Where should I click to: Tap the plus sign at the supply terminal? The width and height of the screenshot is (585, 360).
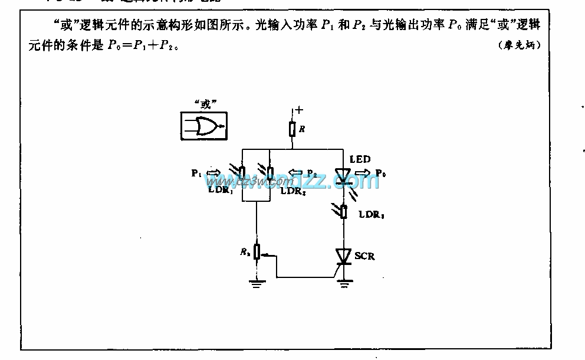pos(299,110)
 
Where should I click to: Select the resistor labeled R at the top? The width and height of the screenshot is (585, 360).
pos(292,129)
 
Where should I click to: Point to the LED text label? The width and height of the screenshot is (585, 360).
pos(360,159)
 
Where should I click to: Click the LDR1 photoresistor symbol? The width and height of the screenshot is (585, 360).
pos(242,173)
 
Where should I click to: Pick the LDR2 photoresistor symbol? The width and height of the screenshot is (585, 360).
pos(270,173)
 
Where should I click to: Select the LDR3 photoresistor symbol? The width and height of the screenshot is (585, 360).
pos(343,212)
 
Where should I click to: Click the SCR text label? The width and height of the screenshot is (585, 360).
pos(364,256)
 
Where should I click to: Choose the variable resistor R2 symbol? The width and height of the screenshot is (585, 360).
pos(257,253)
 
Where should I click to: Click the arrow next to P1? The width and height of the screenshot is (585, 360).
pos(213,173)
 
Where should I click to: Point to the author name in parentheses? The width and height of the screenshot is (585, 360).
pos(520,44)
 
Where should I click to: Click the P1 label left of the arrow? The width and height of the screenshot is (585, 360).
pos(196,174)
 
